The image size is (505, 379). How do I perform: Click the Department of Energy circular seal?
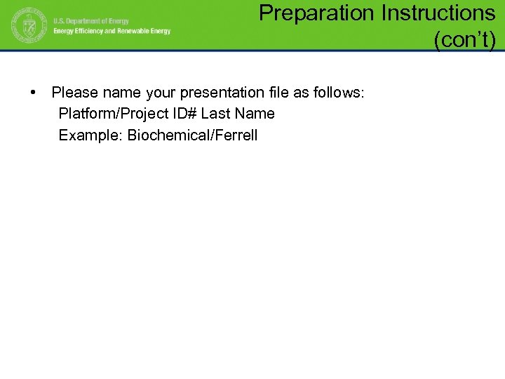pos(27,27)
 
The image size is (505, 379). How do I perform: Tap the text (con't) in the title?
pos(464,41)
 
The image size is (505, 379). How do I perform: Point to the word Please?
pos(74,93)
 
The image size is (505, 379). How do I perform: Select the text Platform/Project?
pos(111,114)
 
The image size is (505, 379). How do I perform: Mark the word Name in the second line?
pos(255,114)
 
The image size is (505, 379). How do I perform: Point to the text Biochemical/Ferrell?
pos(192,135)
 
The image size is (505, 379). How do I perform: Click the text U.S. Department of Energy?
pos(91,21)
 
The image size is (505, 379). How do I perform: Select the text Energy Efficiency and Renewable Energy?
pos(112,32)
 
